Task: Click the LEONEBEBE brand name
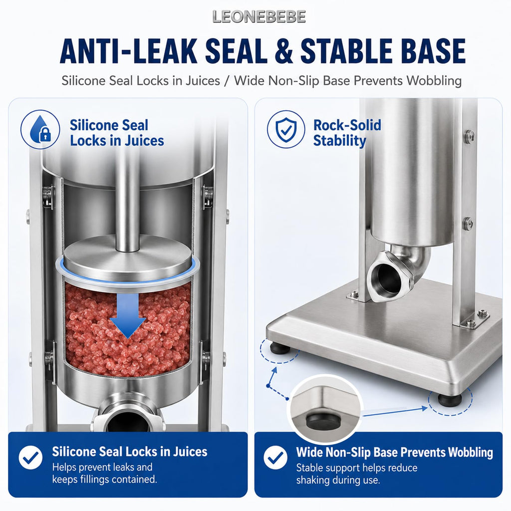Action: pos(259,17)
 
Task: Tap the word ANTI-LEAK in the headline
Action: pos(129,51)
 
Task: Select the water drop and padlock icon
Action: pos(40,129)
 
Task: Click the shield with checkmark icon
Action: pos(286,129)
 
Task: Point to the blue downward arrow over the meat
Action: pos(128,315)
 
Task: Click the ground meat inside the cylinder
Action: pos(128,329)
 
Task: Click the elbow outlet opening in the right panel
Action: pos(387,277)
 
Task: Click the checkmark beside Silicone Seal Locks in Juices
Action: pos(30,458)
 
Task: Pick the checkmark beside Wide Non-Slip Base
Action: pos(275,458)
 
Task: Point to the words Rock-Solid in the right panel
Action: pos(347,125)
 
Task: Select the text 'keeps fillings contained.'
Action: pos(105,480)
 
